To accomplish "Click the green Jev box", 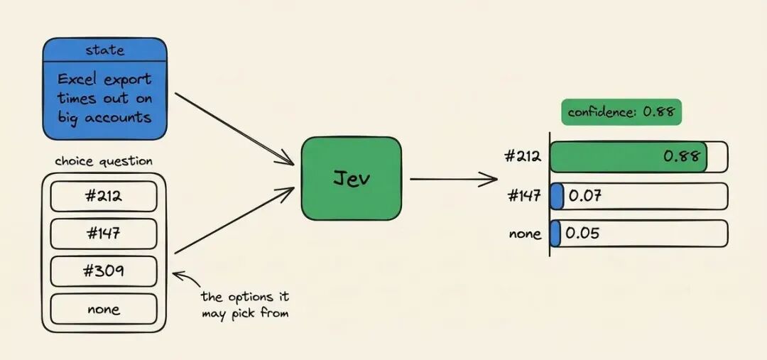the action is tap(352, 178).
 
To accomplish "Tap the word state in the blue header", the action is tap(104, 50).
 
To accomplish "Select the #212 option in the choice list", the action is tap(104, 196).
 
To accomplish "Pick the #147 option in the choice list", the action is tap(104, 234).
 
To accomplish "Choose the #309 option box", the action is tap(104, 271).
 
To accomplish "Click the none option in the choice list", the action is tap(104, 309).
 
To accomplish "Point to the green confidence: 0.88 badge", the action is tap(621, 112).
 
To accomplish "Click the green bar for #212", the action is tap(629, 156).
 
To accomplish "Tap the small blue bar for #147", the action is tap(557, 196).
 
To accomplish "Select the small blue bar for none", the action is tap(555, 234).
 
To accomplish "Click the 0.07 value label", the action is tap(585, 196).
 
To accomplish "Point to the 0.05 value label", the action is tap(582, 234).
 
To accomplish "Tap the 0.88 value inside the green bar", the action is tap(682, 156).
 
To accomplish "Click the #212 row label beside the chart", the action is tap(523, 156).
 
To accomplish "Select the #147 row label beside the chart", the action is tap(524, 196).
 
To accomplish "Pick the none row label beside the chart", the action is tap(526, 234).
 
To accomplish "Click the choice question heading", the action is tap(104, 162).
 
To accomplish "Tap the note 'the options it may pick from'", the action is tap(245, 305).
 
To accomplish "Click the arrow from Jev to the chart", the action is tap(453, 179).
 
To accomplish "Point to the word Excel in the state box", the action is tap(76, 80).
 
